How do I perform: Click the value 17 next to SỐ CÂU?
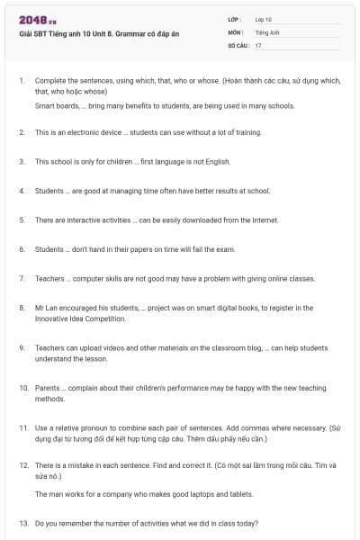258,44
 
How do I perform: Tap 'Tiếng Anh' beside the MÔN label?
267,31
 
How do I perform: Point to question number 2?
22,132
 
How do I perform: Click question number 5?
22,220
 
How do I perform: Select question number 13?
23,523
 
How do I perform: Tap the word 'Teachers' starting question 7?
49,278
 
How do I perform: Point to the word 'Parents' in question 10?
48,387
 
